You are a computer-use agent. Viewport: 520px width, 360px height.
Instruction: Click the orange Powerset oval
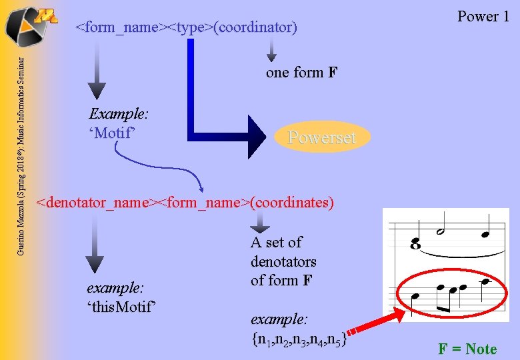[321, 137]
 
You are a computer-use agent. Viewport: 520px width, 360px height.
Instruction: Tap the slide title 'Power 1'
[483, 16]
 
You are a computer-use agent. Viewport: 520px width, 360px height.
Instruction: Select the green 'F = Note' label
[467, 349]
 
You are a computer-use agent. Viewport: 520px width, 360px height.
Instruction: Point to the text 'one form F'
[302, 73]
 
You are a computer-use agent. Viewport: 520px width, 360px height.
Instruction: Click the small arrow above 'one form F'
[271, 49]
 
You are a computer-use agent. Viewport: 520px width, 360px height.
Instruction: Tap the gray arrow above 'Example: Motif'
[97, 73]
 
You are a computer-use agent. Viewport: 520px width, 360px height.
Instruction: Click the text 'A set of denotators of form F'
[283, 261]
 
